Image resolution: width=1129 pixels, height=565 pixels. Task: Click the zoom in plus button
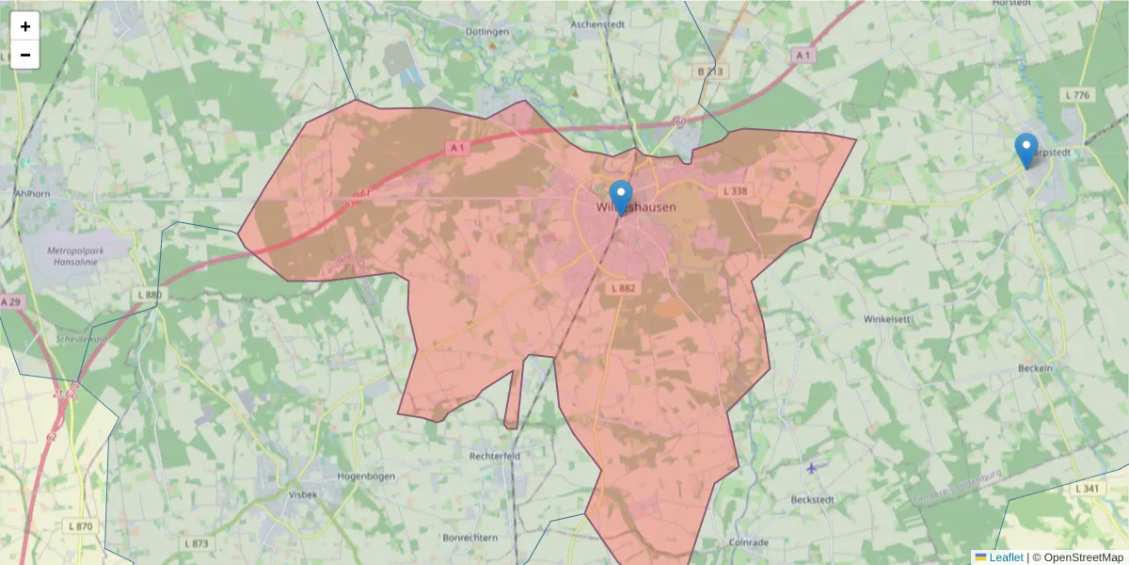pyautogui.click(x=25, y=26)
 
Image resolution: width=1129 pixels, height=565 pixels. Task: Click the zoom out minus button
pyautogui.click(x=25, y=55)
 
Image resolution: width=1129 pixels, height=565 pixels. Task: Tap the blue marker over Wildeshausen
pyautogui.click(x=621, y=197)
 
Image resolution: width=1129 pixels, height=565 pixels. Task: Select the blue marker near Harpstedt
pyautogui.click(x=1026, y=150)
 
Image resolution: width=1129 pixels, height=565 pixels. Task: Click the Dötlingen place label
pyautogui.click(x=487, y=31)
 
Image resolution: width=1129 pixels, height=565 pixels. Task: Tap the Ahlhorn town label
pyautogui.click(x=31, y=192)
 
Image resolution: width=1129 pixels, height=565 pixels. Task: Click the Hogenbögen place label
pyautogui.click(x=366, y=476)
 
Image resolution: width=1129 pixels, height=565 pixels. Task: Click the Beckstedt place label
pyautogui.click(x=813, y=499)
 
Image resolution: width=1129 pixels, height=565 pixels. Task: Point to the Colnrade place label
pyautogui.click(x=749, y=542)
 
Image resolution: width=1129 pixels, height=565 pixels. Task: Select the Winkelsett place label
pyautogui.click(x=887, y=319)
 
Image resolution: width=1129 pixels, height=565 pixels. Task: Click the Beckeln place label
pyautogui.click(x=1035, y=368)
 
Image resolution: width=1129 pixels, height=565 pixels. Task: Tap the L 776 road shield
pyautogui.click(x=1077, y=95)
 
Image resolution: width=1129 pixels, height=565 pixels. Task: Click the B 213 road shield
pyautogui.click(x=712, y=72)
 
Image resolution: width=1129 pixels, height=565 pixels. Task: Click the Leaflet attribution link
pyautogui.click(x=1005, y=557)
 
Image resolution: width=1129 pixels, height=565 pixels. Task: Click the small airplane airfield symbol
pyautogui.click(x=812, y=467)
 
